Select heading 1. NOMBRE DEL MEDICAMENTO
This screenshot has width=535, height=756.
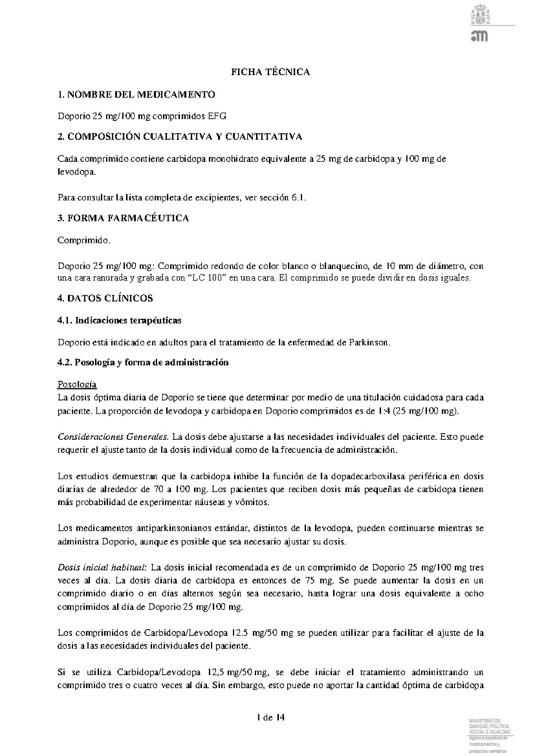point(136,94)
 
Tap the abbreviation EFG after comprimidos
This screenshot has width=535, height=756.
point(216,116)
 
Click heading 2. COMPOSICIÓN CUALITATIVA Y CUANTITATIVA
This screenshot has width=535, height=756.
point(181,137)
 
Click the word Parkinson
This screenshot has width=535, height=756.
point(365,342)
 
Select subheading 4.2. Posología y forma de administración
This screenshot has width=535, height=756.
point(143,364)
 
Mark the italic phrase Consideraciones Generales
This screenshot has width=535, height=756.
point(113,437)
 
